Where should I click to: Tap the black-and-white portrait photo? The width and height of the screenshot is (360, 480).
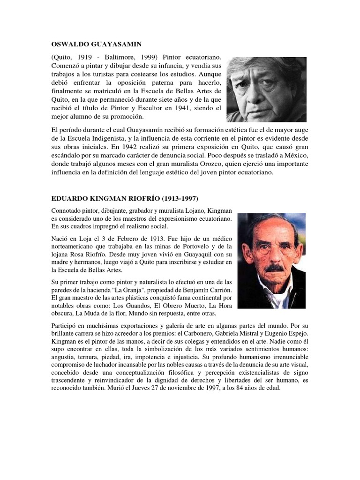(266, 90)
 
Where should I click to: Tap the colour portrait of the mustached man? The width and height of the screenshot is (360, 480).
(271, 261)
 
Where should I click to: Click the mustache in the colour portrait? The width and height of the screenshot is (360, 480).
(275, 269)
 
